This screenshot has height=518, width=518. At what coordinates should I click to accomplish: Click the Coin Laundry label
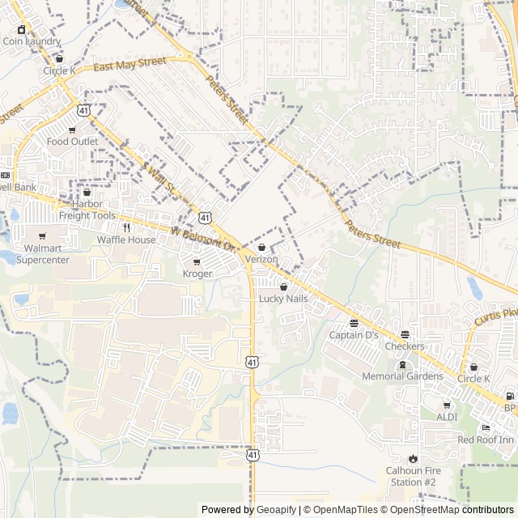pyautogui.click(x=32, y=40)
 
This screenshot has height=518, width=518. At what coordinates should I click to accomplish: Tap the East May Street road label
pyautogui.click(x=129, y=64)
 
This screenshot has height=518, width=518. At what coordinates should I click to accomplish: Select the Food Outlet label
pyautogui.click(x=72, y=142)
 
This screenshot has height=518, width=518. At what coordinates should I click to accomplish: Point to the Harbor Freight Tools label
pyautogui.click(x=87, y=210)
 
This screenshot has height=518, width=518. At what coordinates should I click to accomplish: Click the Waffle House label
pyautogui.click(x=126, y=240)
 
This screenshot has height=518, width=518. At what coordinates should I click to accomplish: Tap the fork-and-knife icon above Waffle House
pyautogui.click(x=126, y=227)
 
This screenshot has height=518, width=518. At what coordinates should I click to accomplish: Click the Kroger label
pyautogui.click(x=197, y=274)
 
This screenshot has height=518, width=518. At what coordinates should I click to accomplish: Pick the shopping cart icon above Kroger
pyautogui.click(x=197, y=262)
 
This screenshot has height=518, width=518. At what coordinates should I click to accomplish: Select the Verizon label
pyautogui.click(x=261, y=259)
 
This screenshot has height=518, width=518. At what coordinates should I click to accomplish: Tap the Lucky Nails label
pyautogui.click(x=283, y=299)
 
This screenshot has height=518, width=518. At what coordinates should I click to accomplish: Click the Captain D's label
pyautogui.click(x=354, y=335)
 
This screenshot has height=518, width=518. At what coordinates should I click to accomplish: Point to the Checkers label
pyautogui.click(x=405, y=346)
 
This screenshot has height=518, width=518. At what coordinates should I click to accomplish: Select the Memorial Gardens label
pyautogui.click(x=402, y=376)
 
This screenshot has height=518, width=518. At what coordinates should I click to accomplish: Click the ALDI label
pyautogui.click(x=447, y=417)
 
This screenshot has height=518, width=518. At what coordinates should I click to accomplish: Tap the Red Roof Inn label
pyautogui.click(x=486, y=439)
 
